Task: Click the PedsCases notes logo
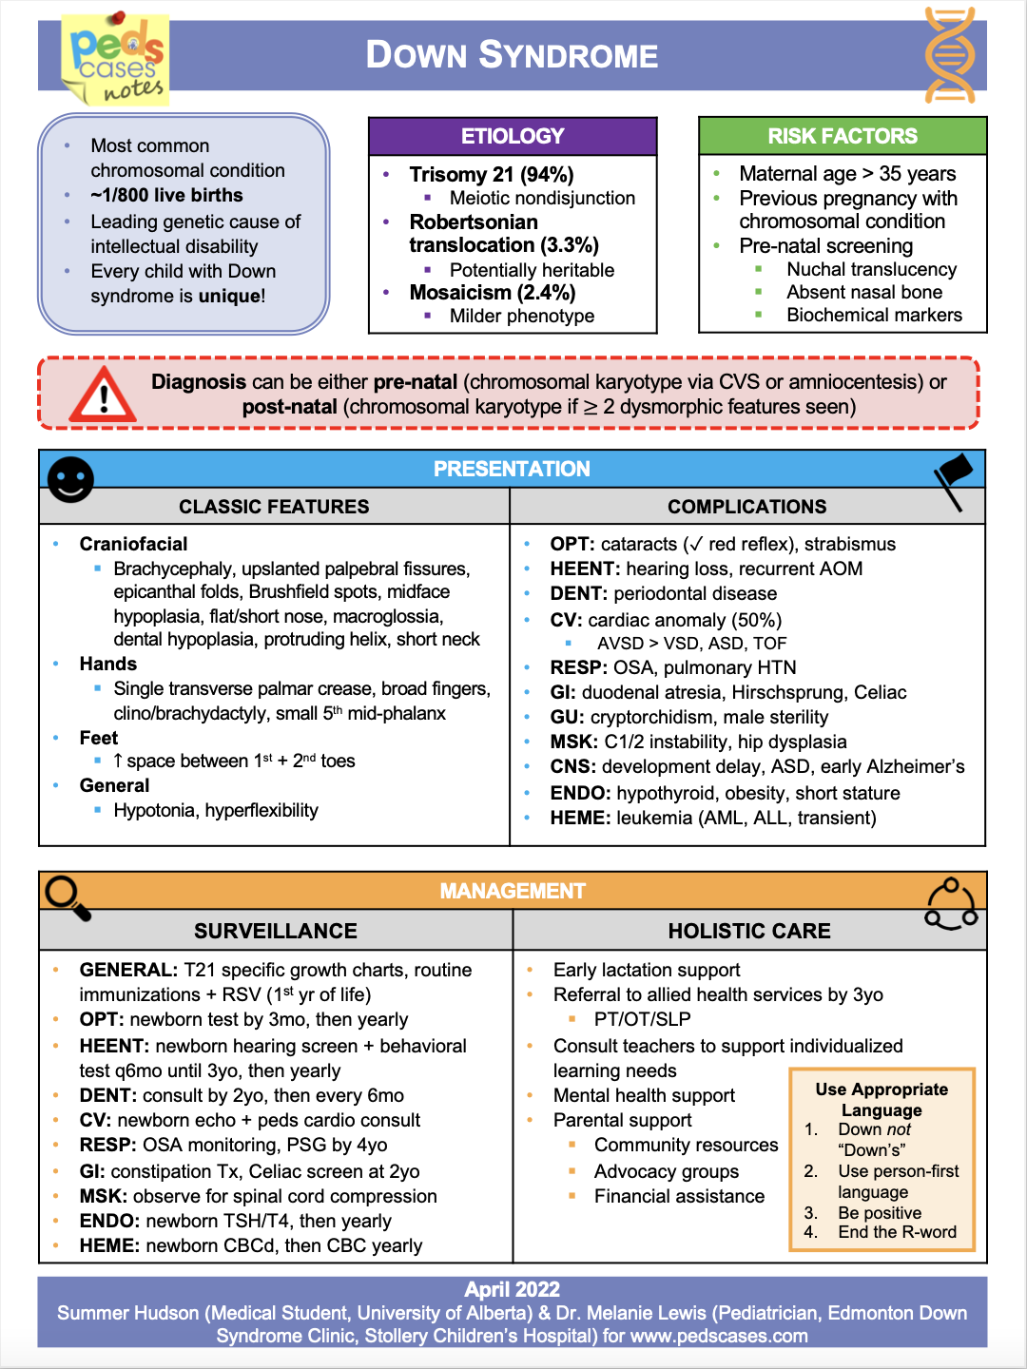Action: [117, 59]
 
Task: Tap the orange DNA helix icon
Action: [950, 55]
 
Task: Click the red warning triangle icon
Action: [103, 394]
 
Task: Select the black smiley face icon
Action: [70, 479]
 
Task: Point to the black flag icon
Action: [954, 479]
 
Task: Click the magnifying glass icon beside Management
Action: [68, 897]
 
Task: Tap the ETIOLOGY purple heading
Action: [513, 136]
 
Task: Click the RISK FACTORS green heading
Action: [843, 136]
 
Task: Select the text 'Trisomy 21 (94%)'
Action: [492, 175]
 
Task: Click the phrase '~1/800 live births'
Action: [166, 195]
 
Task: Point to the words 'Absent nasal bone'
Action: [864, 292]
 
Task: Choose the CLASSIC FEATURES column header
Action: [274, 507]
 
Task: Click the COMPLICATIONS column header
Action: [747, 507]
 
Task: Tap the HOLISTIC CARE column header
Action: [749, 931]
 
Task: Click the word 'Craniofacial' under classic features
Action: [133, 544]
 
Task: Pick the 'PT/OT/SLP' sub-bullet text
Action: [642, 1019]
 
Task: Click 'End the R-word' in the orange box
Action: [897, 1232]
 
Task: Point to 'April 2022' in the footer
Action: [512, 1289]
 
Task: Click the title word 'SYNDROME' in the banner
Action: [568, 55]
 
